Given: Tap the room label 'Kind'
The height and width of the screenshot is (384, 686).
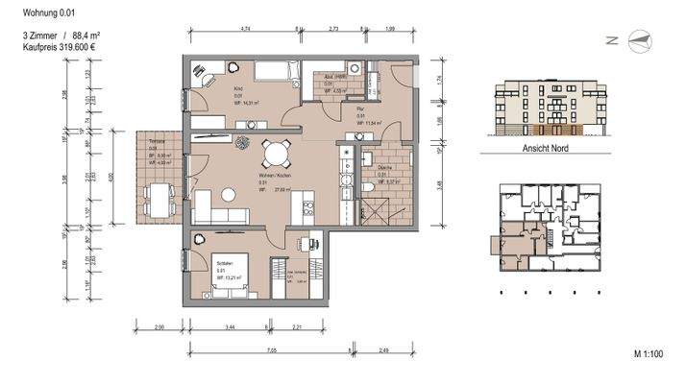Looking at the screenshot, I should pyautogui.click(x=238, y=88).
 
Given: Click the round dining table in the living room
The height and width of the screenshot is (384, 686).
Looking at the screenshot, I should pyautogui.click(x=276, y=154).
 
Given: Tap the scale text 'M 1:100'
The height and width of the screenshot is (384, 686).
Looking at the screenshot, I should pyautogui.click(x=650, y=354).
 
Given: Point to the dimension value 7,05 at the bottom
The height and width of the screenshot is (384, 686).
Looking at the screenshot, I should pyautogui.click(x=272, y=351).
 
